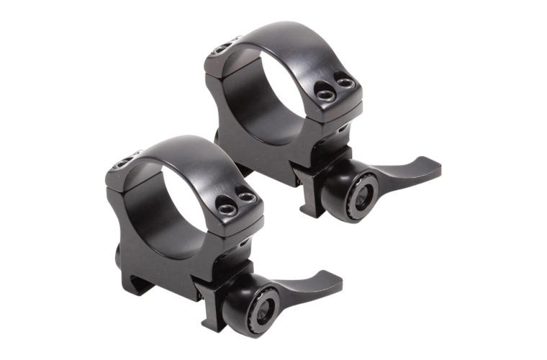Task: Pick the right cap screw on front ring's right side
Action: pos(249,196)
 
